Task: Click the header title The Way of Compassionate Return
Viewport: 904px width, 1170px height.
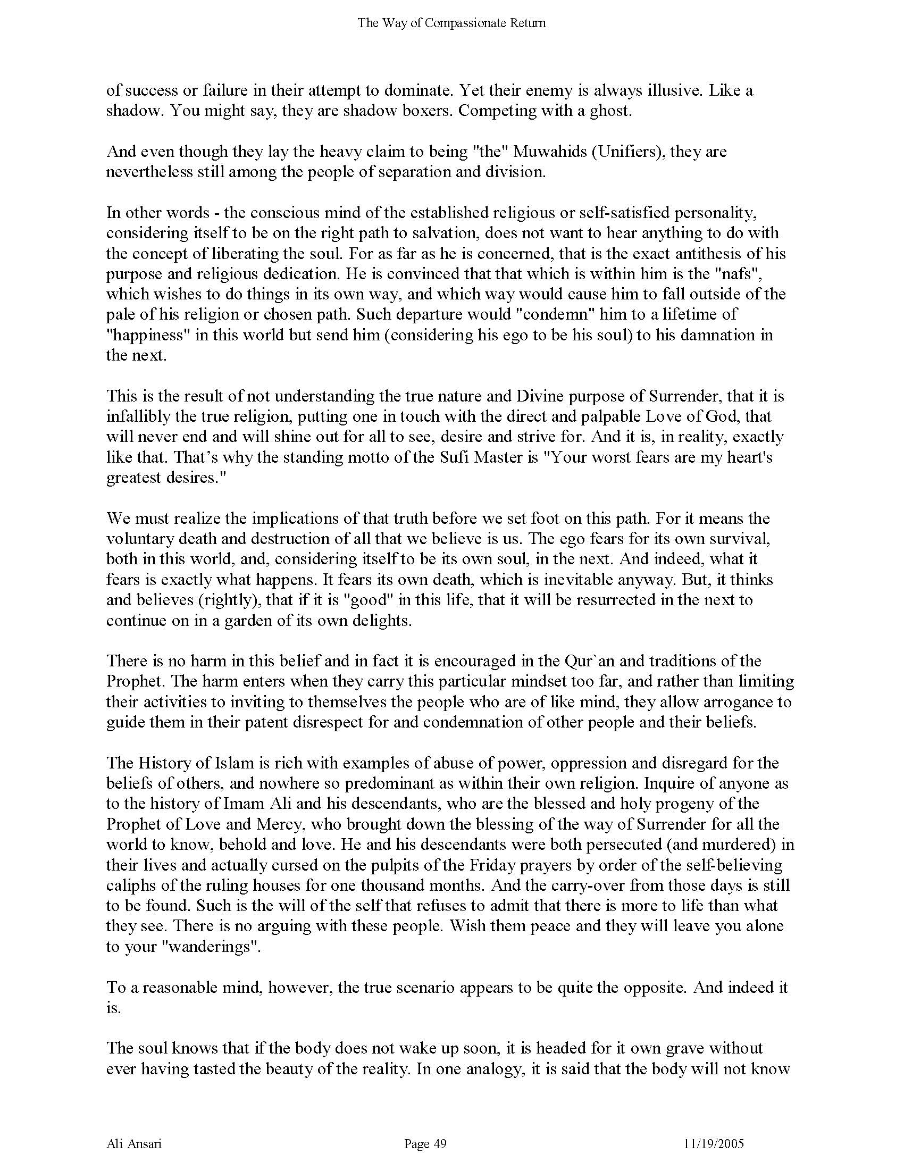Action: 451,23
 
